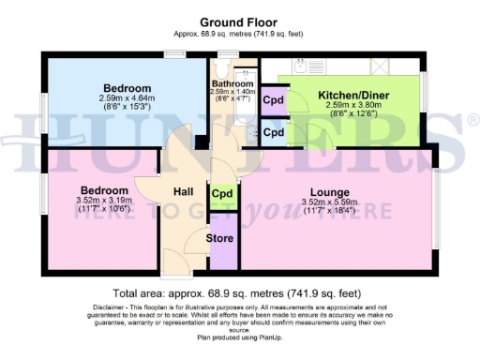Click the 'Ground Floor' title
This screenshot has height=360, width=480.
[x=239, y=22]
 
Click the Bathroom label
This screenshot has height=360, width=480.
[x=232, y=82]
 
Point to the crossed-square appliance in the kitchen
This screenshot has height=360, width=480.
[x=381, y=67]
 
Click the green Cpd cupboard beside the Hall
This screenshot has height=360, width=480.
[x=222, y=194]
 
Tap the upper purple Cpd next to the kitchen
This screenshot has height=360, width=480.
[x=273, y=100]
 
